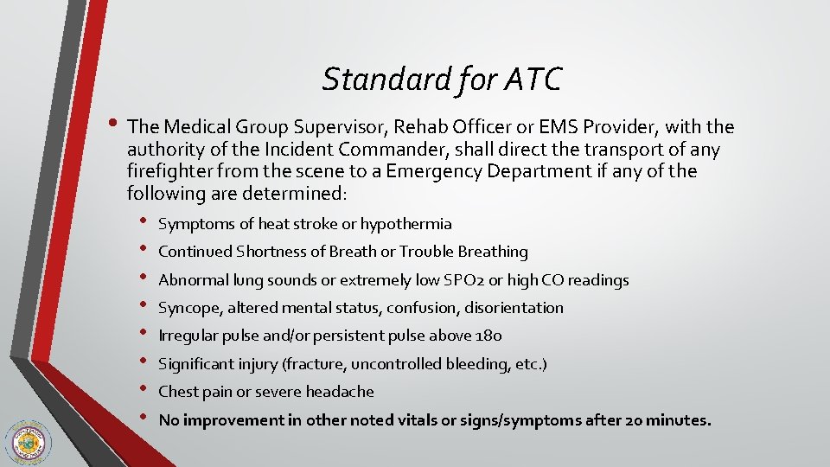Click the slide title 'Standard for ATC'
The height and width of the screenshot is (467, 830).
(x=442, y=80)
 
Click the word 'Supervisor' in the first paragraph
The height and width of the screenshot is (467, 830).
(x=295, y=128)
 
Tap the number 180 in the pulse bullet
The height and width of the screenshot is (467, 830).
(x=490, y=336)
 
